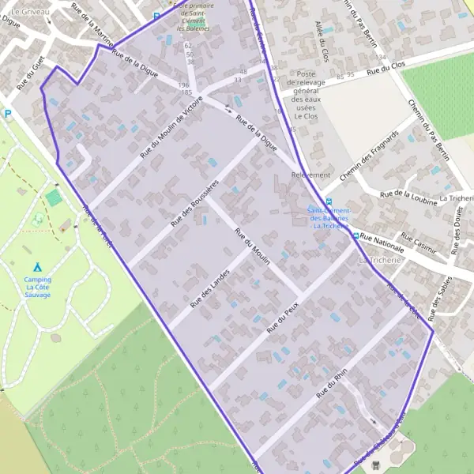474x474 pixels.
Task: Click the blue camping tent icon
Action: pyautogui.click(x=37, y=268)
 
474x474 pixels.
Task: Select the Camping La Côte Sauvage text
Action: pyautogui.click(x=37, y=287)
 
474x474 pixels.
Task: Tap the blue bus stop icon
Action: pyautogui.click(x=329, y=201)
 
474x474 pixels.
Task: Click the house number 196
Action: pyautogui.click(x=184, y=85)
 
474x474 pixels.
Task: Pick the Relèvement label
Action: pyautogui.click(x=310, y=175)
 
